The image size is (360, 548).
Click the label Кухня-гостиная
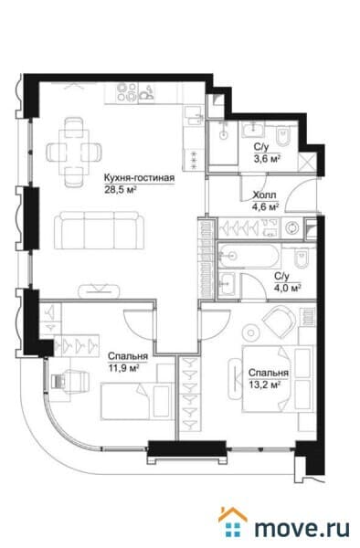coord(137,179)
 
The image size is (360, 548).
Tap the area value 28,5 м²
coord(121,191)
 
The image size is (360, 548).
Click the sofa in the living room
coord(97,228)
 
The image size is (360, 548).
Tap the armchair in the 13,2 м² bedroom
coord(278,321)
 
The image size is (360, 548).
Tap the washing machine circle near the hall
coord(291,227)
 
